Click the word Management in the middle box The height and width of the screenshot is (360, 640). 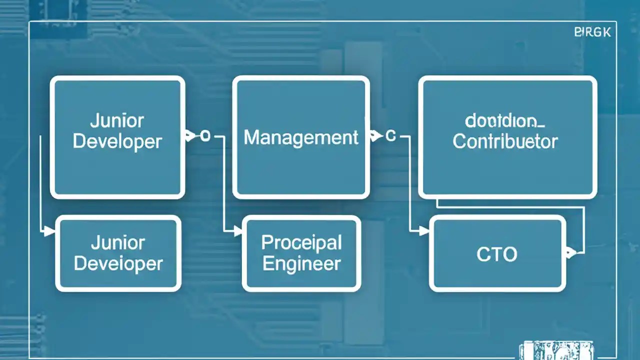301,137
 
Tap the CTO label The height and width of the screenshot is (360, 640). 496,254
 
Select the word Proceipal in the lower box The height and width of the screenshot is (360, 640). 301,243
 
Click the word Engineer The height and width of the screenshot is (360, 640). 301,263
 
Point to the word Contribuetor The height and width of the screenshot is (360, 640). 505,141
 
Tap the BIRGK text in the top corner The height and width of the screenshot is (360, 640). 592,32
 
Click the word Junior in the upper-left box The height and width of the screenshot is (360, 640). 117,120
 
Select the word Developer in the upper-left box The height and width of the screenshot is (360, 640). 117,141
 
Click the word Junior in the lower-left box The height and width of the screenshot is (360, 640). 117,243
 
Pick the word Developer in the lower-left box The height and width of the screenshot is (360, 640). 118,263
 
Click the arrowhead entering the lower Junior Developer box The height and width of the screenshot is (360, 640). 49,231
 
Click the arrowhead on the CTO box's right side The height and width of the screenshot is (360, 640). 570,252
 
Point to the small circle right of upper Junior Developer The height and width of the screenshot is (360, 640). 205,135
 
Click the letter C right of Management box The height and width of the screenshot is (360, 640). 391,135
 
